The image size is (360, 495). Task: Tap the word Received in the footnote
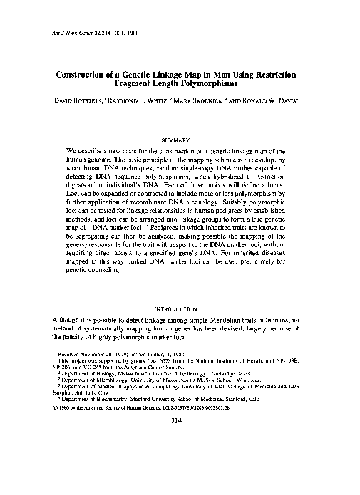(x=69, y=353)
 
